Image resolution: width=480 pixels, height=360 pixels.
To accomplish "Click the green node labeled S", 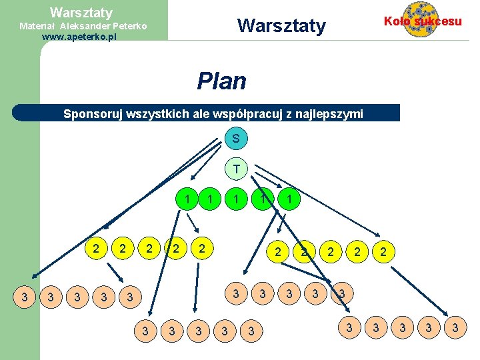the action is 236,139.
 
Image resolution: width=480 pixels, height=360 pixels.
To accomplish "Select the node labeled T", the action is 236,169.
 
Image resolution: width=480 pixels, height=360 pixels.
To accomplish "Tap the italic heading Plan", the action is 221,81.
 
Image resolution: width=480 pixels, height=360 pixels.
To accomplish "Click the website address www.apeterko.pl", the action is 79,37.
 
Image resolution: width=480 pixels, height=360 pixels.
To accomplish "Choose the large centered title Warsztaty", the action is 281,26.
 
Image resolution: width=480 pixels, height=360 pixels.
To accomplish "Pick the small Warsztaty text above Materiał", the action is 81,13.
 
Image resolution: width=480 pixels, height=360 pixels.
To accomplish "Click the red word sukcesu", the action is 438,21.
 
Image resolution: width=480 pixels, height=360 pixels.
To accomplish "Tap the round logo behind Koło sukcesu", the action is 421,19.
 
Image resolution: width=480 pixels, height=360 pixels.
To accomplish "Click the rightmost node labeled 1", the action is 288,198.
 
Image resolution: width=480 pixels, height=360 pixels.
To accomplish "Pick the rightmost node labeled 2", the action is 383,252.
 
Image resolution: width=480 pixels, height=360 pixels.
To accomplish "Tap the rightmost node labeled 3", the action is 455,327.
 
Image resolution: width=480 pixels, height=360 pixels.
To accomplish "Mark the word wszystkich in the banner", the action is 162,114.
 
